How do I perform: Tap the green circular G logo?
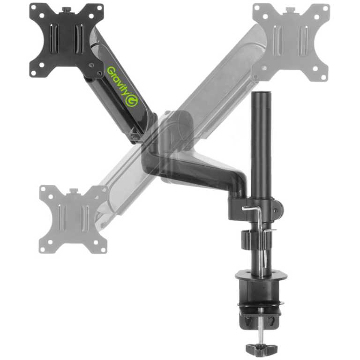(x=132, y=101)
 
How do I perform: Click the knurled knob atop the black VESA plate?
(x=67, y=9)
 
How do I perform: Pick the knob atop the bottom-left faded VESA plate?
(x=74, y=190)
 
